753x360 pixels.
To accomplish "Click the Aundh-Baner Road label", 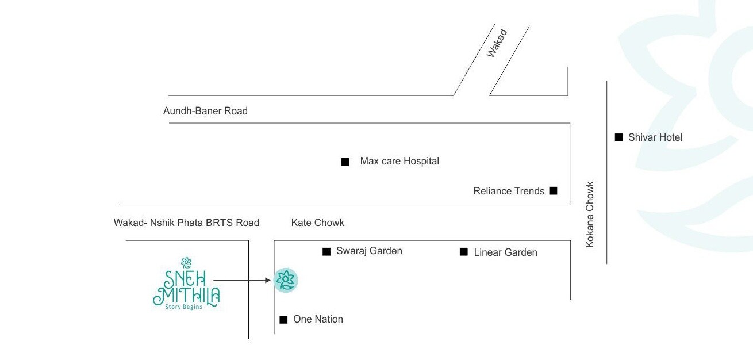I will pos(205,111).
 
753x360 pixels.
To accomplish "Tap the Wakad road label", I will pos(497,43).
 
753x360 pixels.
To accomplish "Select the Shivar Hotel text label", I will pos(655,137).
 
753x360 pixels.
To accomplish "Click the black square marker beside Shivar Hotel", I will pos(619,137).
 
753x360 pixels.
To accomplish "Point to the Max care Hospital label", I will pos(399,162).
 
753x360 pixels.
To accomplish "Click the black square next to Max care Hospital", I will pos(345,162).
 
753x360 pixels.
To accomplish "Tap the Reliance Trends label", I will pos(509,191).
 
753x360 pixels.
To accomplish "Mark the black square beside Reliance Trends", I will pos(553,190).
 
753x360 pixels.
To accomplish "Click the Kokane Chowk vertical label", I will pos(590,215).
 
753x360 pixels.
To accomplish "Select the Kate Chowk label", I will pos(317,223).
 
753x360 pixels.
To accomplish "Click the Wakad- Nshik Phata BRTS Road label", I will pos(186,223).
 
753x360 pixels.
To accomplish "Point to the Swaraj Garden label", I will pos(369,251).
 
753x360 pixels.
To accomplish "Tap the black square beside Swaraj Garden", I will pos(326,251).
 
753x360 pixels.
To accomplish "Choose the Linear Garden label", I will pos(505,252).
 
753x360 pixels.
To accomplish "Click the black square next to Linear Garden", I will pos(463,251).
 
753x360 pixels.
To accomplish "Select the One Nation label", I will pos(318,319).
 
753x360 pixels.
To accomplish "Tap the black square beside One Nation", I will pos(283,320).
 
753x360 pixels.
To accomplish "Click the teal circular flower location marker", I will pos(286,281).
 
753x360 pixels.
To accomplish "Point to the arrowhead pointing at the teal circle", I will pos(267,281).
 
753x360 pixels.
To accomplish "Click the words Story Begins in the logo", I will pos(184,307).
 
